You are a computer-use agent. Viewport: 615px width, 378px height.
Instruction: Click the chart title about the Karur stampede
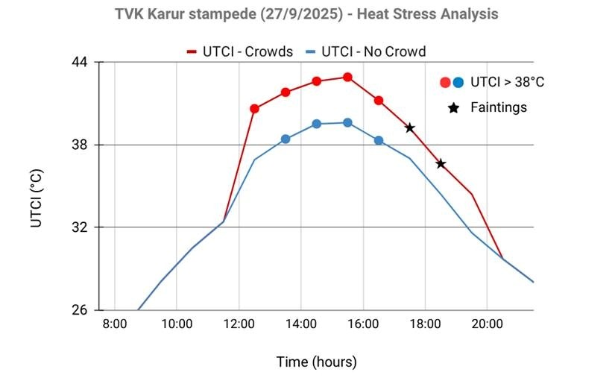tap(306, 14)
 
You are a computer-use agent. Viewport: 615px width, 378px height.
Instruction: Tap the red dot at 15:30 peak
tap(347, 77)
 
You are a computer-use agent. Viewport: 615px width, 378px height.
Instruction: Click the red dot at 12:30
tap(254, 109)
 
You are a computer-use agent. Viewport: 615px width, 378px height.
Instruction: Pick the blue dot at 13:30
tap(286, 139)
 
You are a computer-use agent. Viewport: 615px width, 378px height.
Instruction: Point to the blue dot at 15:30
tap(347, 122)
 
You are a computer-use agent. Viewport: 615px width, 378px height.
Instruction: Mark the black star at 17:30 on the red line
tap(409, 127)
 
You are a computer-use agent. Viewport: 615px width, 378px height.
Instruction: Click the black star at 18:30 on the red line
tap(441, 164)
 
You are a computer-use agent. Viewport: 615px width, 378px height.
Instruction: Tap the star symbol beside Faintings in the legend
tap(452, 108)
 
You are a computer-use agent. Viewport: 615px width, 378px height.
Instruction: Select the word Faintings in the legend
tap(498, 107)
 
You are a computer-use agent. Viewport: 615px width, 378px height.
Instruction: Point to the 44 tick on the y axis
tap(80, 62)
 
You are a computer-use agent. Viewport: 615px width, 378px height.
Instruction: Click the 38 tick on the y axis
tap(80, 145)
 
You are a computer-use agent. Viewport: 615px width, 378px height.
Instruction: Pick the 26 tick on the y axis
tap(80, 310)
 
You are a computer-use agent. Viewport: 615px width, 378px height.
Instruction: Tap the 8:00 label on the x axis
tap(115, 325)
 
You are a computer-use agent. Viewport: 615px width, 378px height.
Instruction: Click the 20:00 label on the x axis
tap(487, 325)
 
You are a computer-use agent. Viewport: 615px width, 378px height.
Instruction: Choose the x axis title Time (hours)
tap(317, 362)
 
